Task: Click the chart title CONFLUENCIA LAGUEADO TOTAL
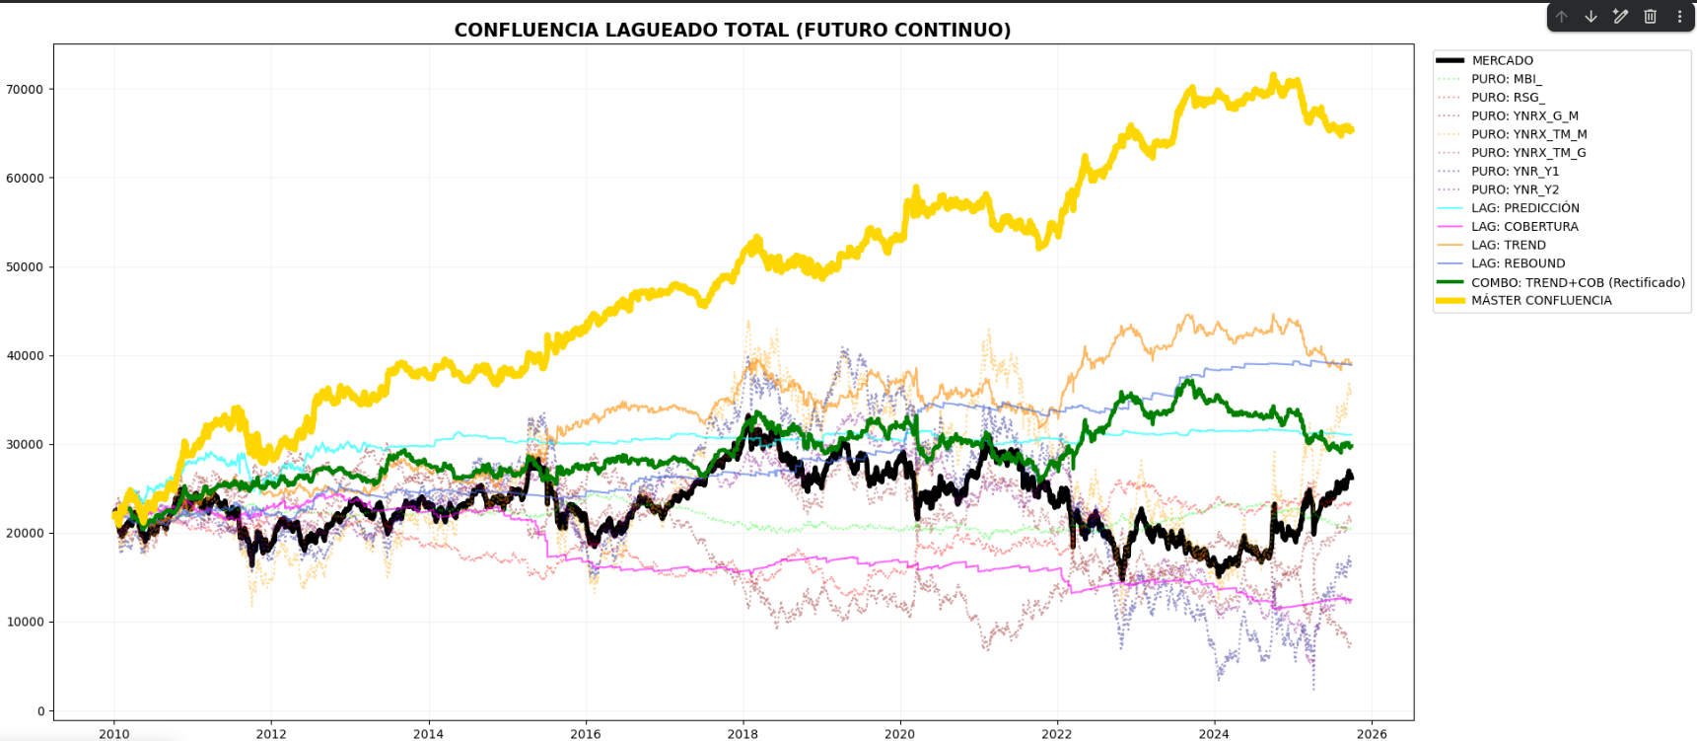coord(732,30)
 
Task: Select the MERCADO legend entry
coord(1502,60)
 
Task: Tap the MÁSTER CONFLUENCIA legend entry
coord(1540,300)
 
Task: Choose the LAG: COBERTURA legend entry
coord(1523,226)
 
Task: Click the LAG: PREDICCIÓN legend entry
coord(1524,208)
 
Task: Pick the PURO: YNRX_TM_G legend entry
coord(1527,153)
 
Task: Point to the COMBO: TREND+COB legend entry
coord(1577,282)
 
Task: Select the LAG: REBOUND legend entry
coord(1518,263)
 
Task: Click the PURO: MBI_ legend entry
coord(1506,79)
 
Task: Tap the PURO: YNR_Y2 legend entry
coord(1515,189)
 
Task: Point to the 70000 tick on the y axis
coord(25,90)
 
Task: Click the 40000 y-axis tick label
coord(25,356)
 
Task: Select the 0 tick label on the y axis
coord(40,711)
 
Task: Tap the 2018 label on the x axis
coord(742,734)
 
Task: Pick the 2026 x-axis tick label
coord(1372,734)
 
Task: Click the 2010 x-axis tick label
coord(114,734)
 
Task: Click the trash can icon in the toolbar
coord(1650,17)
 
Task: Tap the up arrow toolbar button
coord(1561,17)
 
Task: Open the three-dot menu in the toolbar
coord(1679,17)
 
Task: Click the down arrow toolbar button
coord(1591,17)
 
